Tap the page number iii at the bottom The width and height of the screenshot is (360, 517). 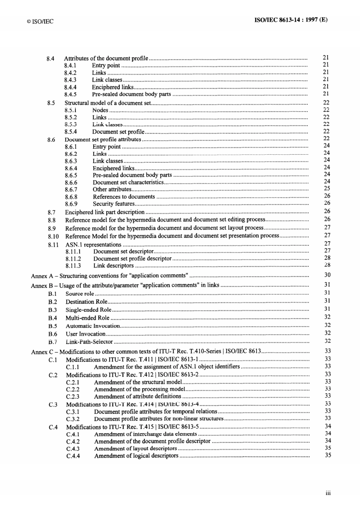pos(328,493)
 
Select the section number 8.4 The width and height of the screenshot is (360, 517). pos(50,58)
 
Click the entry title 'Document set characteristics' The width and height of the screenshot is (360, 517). pos(128,182)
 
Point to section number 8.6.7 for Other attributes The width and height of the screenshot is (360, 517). pos(71,190)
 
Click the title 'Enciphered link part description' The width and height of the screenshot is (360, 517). pos(105,212)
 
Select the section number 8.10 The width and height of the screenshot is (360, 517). pos(53,236)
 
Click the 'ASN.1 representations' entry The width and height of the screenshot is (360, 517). pos(93,245)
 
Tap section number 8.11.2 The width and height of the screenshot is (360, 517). pos(73,259)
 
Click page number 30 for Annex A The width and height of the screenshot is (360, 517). pos(327,275)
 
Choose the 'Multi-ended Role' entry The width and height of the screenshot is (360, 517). pos(88,318)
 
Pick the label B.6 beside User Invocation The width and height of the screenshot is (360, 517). pos(53,334)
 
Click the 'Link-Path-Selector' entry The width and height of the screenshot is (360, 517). pos(89,342)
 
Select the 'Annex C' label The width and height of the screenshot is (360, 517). pos(39,352)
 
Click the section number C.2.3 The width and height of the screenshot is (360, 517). pos(73,397)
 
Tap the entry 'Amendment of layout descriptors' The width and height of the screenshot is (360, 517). pos(135,449)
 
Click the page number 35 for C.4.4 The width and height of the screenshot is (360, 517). pos(328,455)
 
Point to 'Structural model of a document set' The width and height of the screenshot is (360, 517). pos(107,103)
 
